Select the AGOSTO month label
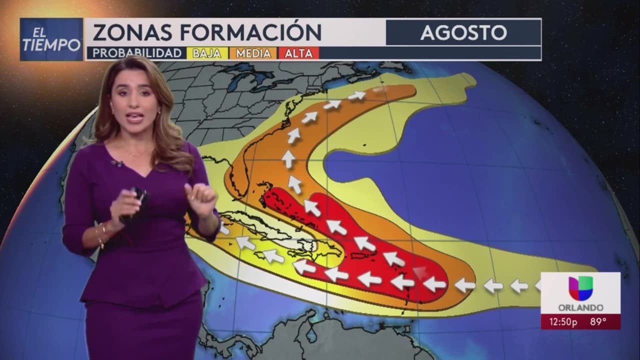click(463, 32)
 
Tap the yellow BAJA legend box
click(206, 53)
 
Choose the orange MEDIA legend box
click(253, 53)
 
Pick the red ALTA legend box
click(298, 53)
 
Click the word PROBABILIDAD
click(136, 53)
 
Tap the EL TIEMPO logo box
click(51, 39)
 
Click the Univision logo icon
click(580, 288)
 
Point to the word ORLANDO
click(580, 307)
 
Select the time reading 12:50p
click(562, 322)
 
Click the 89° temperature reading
click(598, 322)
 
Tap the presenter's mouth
click(135, 118)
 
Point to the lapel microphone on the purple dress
click(117, 163)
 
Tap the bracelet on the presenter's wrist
click(101, 235)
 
